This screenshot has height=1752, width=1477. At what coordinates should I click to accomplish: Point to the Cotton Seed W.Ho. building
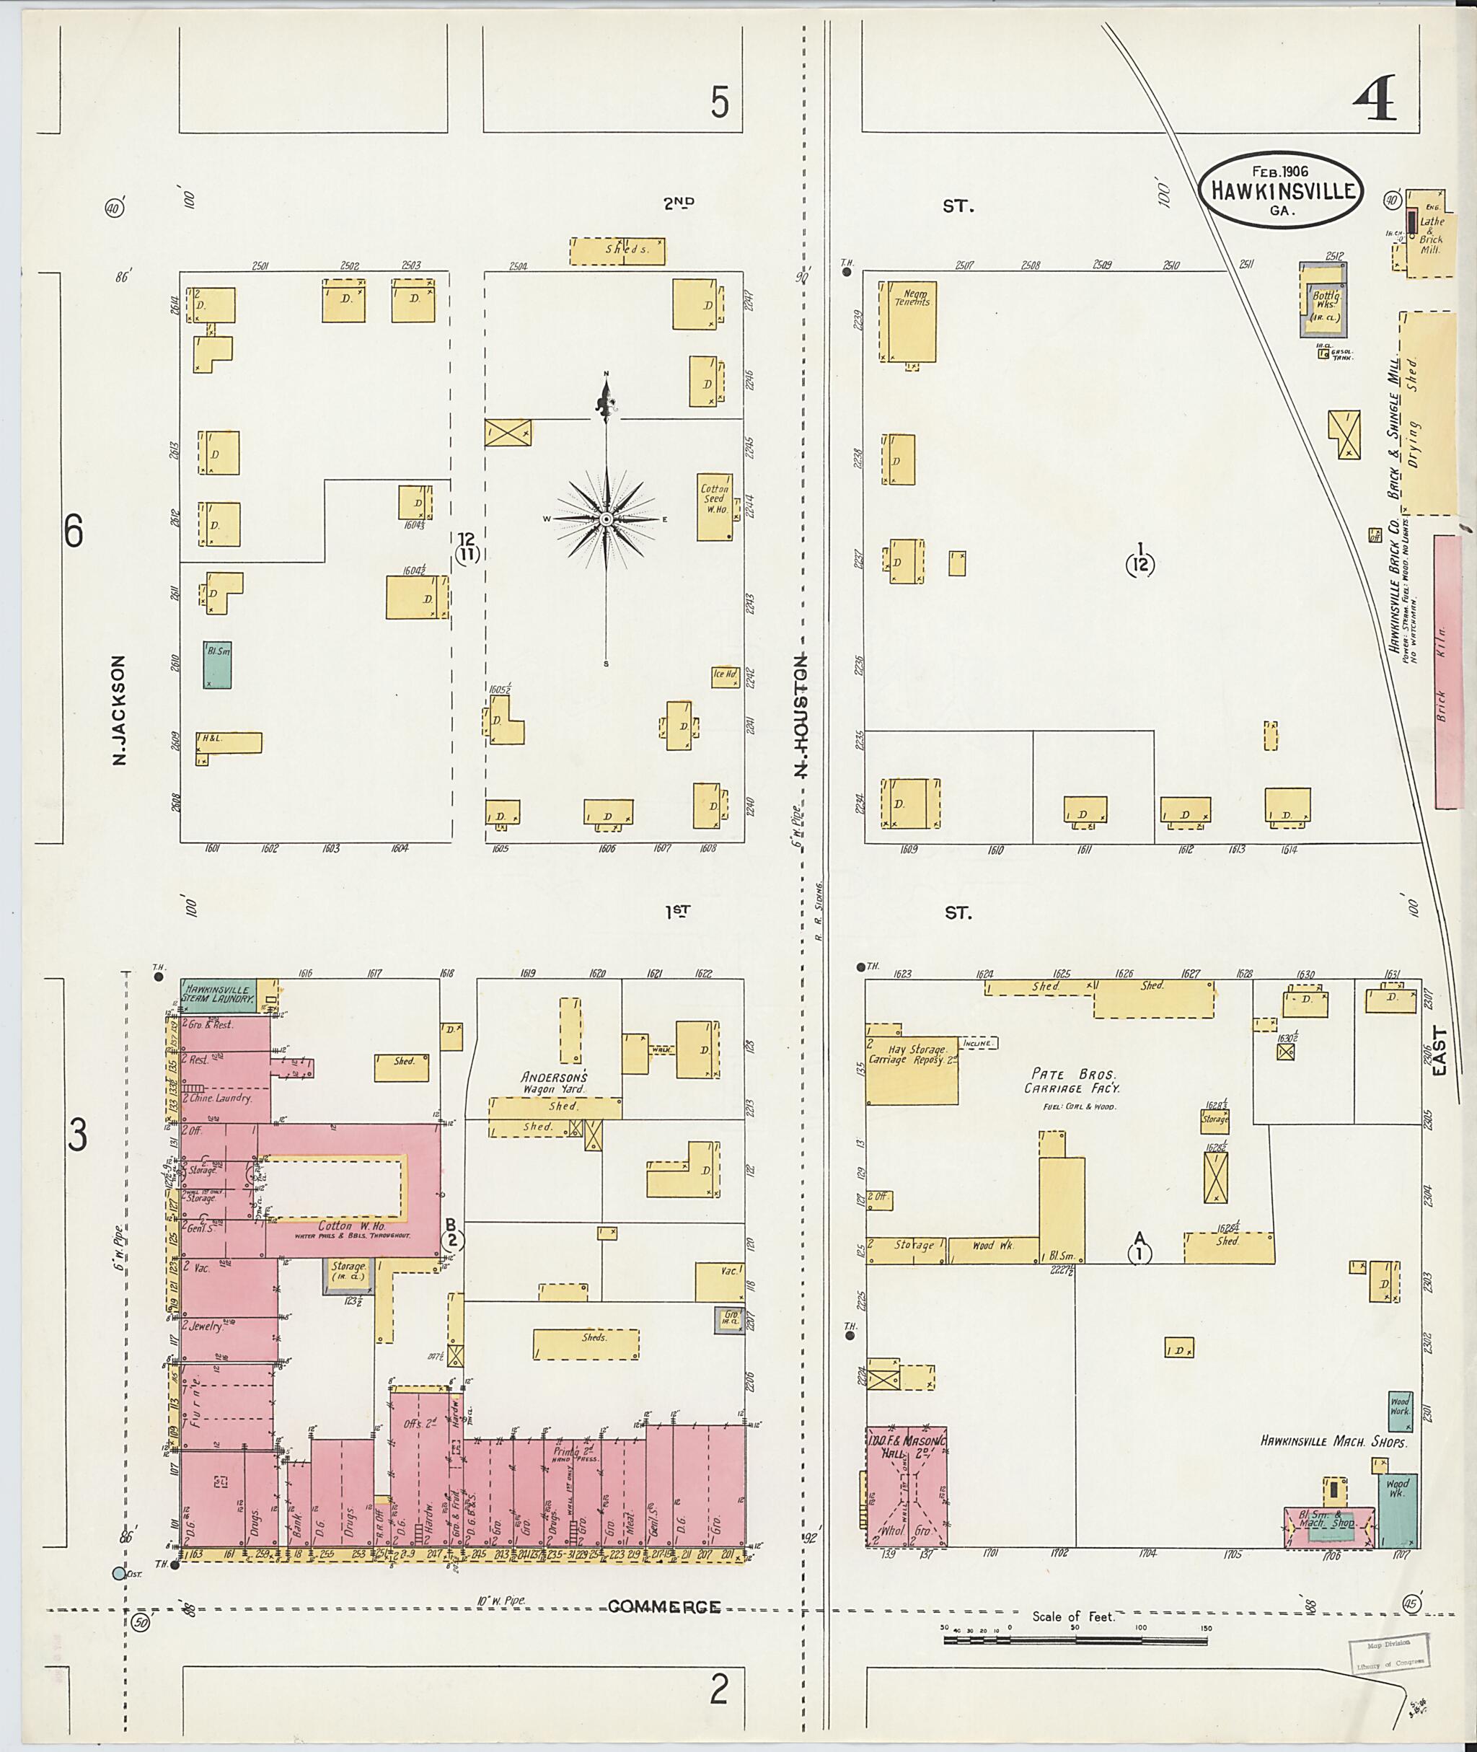[x=715, y=506]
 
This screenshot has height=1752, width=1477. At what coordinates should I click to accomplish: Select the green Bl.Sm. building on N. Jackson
[x=218, y=664]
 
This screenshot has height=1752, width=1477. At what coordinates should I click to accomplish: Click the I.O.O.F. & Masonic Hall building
[x=906, y=1487]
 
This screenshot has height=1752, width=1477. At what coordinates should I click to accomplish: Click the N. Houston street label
[x=800, y=716]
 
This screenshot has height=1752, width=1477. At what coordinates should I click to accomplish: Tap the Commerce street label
[x=664, y=1606]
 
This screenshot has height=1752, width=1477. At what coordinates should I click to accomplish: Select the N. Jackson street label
[x=119, y=710]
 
